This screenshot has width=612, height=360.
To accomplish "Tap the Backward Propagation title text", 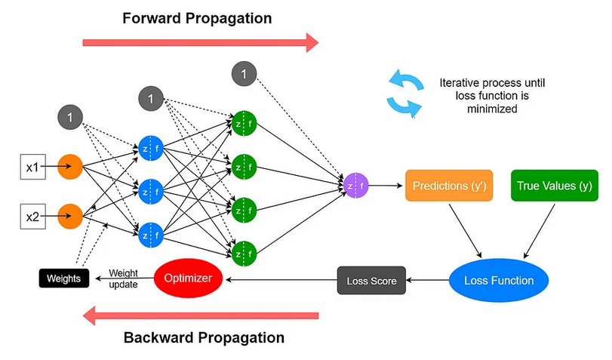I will (204, 337).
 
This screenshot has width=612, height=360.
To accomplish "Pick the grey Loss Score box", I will (371, 281).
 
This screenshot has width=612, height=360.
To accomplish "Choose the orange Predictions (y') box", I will (449, 185).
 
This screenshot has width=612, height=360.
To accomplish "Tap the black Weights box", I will (63, 278).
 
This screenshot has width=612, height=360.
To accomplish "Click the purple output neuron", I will (355, 185).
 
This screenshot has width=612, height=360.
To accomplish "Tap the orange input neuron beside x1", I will (70, 166).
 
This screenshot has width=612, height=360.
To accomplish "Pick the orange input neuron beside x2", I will (70, 216).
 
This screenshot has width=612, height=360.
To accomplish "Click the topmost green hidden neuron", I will (244, 123).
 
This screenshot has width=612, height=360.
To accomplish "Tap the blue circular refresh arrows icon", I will (404, 94).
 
